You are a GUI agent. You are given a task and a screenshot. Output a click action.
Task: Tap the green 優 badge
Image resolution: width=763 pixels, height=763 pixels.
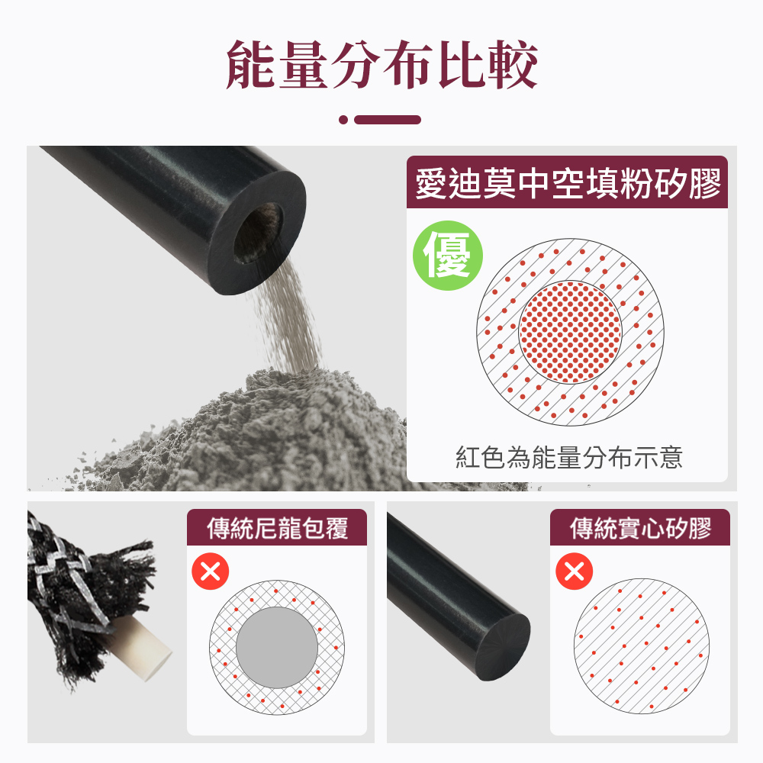448,256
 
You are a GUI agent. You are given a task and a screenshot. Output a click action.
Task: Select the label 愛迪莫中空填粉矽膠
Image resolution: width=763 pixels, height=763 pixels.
567,184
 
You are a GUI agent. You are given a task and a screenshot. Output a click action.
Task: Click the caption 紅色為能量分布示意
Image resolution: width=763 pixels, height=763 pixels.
568,458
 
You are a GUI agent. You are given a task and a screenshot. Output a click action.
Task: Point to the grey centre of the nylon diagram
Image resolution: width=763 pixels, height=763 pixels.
276,648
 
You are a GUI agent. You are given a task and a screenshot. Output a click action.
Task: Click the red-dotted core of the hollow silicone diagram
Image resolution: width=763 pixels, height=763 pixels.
570,332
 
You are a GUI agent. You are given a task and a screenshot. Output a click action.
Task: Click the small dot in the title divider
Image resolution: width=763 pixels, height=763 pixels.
343,120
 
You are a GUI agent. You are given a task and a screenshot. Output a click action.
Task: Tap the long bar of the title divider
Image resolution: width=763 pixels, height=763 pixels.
388,120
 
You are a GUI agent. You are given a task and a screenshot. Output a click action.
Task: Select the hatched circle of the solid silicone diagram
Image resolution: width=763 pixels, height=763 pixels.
642,646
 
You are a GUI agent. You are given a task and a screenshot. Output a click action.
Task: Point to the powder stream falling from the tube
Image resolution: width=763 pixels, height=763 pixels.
294,320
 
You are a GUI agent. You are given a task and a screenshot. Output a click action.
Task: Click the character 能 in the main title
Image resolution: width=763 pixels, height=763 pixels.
251,64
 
